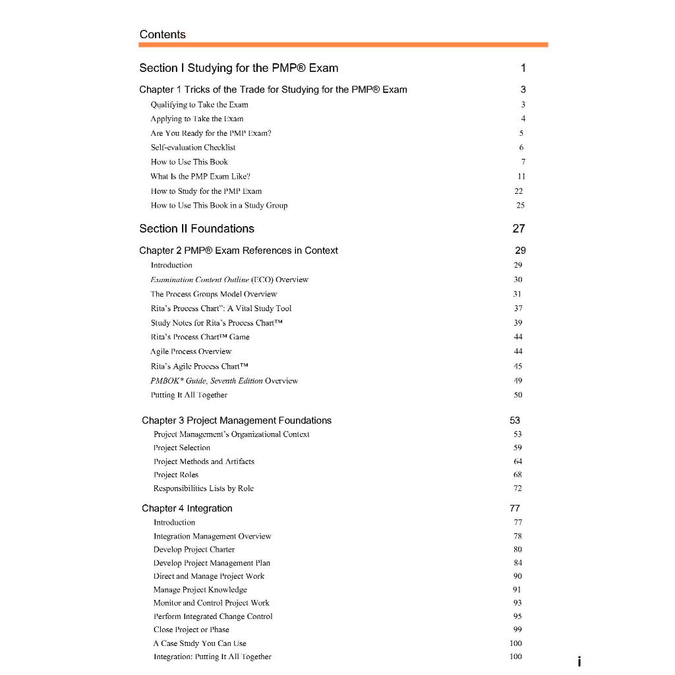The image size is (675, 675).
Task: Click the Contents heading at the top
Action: point(163,34)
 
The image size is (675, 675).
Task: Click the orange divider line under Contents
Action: point(343,45)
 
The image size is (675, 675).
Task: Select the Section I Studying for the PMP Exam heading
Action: point(239,68)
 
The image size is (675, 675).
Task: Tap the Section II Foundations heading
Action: point(196,229)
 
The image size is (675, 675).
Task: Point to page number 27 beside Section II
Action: point(519,229)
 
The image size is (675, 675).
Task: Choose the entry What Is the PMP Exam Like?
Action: point(200,176)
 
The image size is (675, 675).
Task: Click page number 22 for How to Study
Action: point(519,191)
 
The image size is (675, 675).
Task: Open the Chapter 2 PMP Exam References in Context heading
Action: point(239,250)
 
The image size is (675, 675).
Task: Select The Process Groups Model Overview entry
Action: point(214,294)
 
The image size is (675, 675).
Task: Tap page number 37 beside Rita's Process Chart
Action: point(518,308)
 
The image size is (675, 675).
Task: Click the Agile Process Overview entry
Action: point(191,351)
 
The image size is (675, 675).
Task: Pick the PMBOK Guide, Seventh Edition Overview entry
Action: point(224,380)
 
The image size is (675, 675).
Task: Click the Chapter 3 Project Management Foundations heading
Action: point(237,421)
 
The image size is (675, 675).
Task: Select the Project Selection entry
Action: point(182,448)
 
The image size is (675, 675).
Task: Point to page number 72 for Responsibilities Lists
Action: point(517,488)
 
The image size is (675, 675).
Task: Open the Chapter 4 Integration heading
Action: point(187,508)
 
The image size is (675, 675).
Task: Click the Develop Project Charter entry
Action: point(194,549)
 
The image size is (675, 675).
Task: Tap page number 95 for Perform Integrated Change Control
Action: point(517,616)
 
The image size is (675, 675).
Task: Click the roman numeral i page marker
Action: point(579,662)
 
